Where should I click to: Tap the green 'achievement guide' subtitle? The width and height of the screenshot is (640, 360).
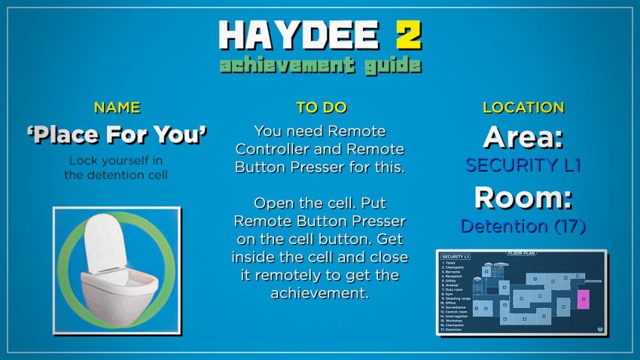(x=320, y=65)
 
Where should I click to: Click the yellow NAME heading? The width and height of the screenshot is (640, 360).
(x=116, y=108)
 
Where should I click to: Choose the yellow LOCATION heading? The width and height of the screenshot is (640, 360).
(x=523, y=108)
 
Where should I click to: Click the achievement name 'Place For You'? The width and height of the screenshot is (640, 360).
(x=116, y=135)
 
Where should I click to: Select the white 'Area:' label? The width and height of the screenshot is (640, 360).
(x=523, y=137)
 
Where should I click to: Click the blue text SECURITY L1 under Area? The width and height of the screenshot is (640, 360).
(x=523, y=165)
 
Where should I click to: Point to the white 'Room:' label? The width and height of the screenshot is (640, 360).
(x=523, y=198)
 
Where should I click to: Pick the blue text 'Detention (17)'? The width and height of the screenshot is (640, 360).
(x=523, y=225)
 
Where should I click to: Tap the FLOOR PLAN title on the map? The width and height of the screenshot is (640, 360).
(x=521, y=254)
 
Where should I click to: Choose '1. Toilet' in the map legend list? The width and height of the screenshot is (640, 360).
(x=450, y=263)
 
